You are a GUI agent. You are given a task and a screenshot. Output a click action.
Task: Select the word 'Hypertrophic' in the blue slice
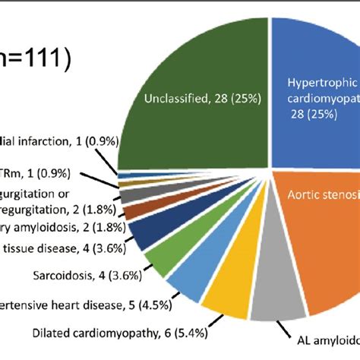320,84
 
